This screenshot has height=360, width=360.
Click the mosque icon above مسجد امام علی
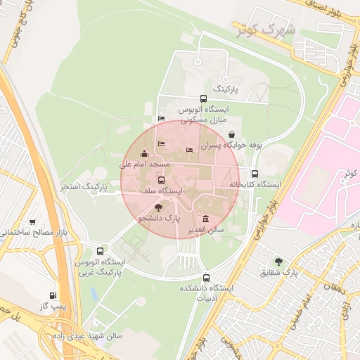(145, 154)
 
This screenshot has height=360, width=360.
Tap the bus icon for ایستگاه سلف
(161, 181)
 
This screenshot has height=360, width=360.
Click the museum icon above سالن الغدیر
(205, 219)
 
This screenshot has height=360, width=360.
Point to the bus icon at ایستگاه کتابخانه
(255, 174)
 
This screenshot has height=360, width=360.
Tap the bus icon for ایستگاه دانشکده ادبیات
(205, 277)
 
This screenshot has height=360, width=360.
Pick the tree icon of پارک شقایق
(279, 262)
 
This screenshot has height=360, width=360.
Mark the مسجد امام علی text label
(145, 164)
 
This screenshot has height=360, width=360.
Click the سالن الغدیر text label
(205, 229)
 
